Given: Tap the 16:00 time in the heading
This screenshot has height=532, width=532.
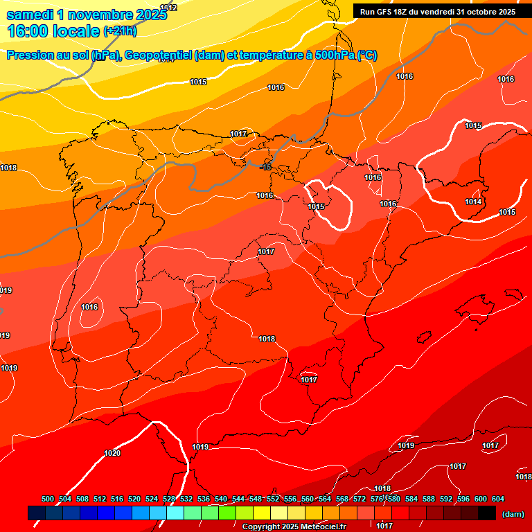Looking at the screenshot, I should point(27,31).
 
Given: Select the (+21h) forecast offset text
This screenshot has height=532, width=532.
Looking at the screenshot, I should point(119,31).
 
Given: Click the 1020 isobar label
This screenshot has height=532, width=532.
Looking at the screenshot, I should point(112,454).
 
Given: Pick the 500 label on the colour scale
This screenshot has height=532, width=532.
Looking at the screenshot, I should point(48,499).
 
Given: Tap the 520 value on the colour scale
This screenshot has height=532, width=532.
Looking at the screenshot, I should point(134,499).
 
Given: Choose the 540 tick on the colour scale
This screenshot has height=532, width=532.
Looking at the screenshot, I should point(221,499).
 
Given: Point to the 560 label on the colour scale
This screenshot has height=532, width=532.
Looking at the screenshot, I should point(308,499).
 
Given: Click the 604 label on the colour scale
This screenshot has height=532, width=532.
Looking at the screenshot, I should point(497,499).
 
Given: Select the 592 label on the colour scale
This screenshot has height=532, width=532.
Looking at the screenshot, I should point(446,499).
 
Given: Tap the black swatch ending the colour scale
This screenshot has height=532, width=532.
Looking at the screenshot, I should point(487,513).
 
